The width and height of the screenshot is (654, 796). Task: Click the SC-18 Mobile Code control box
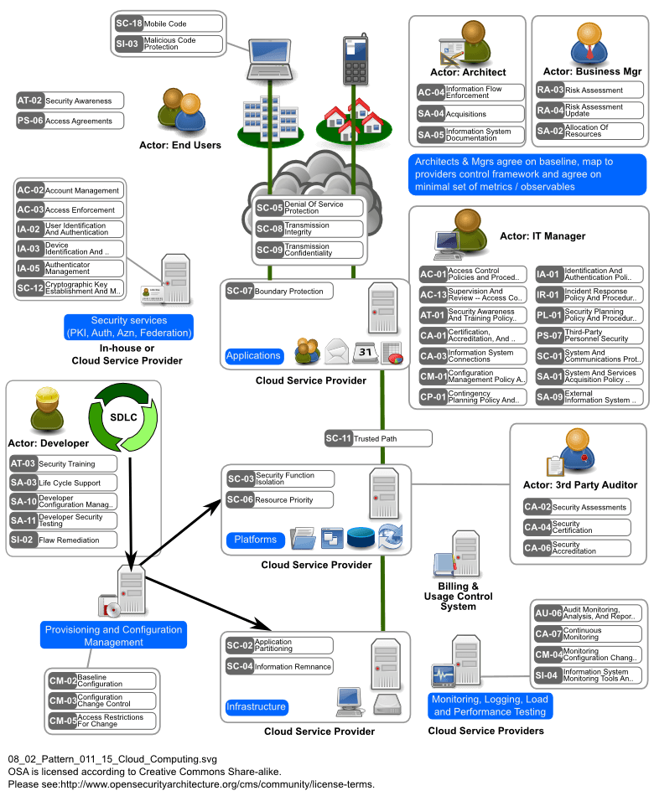[169, 23]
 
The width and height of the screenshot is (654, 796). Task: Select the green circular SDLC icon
[123, 416]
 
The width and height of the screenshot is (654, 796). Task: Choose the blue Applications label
[253, 355]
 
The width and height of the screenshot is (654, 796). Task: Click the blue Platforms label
[255, 539]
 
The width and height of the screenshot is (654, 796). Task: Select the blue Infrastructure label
[256, 706]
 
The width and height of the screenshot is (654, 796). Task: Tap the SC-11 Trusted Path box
[378, 438]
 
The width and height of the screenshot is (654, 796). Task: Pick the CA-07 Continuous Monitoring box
[588, 633]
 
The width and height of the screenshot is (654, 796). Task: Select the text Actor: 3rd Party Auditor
[580, 484]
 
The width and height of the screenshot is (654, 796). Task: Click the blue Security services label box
[129, 327]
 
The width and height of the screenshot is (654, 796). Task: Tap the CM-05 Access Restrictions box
[101, 721]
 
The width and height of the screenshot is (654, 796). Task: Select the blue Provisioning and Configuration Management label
[114, 635]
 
